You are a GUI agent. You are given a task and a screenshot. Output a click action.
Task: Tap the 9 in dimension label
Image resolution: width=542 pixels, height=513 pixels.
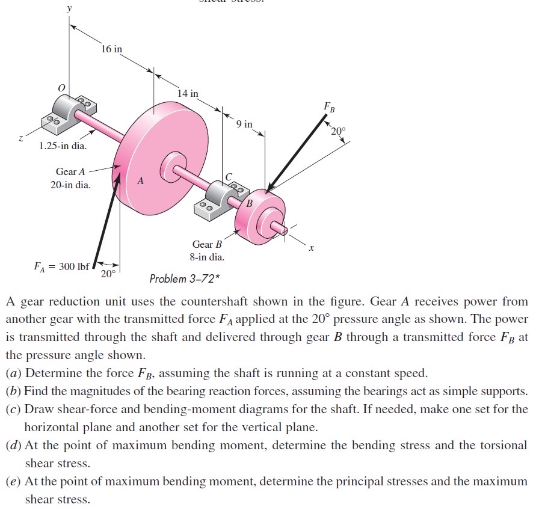pyautogui.click(x=244, y=124)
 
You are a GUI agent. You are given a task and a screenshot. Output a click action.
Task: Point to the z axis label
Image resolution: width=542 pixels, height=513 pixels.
pyautogui.click(x=21, y=138)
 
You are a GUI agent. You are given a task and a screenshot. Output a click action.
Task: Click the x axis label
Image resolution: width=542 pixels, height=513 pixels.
pyautogui.click(x=311, y=247)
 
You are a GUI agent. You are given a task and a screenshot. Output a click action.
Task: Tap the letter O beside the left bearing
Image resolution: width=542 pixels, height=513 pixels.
pyautogui.click(x=61, y=88)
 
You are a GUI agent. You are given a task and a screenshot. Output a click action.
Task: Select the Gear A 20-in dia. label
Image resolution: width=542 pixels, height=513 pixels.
pyautogui.click(x=70, y=179)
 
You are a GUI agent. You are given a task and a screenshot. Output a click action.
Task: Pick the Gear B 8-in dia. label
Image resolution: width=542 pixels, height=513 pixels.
pyautogui.click(x=207, y=251)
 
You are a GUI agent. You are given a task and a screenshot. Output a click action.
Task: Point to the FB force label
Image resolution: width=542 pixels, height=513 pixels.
pyautogui.click(x=328, y=108)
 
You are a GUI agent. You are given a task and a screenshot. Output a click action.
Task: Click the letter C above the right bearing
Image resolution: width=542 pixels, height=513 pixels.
pyautogui.click(x=228, y=176)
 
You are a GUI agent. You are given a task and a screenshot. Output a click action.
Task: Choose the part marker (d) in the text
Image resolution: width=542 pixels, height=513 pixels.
pyautogui.click(x=14, y=446)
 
